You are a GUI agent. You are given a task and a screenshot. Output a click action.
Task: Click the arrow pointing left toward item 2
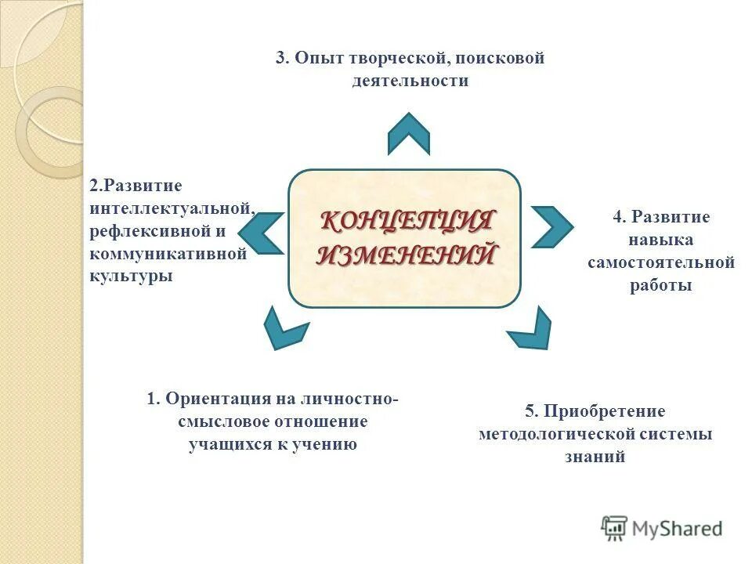(x=262, y=233)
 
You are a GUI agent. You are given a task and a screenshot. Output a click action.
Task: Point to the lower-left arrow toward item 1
(x=284, y=328)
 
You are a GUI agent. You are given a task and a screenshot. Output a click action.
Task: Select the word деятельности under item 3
(x=410, y=81)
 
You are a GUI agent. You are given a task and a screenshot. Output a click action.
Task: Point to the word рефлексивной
(x=150, y=231)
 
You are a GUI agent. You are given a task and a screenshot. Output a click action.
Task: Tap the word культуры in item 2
(x=131, y=277)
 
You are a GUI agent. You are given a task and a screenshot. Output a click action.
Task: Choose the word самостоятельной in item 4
(x=661, y=262)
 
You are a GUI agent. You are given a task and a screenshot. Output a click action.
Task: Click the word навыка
(x=661, y=240)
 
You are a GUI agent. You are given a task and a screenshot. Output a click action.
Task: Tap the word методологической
(x=559, y=434)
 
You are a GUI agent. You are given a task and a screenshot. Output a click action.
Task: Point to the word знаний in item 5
(x=595, y=457)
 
